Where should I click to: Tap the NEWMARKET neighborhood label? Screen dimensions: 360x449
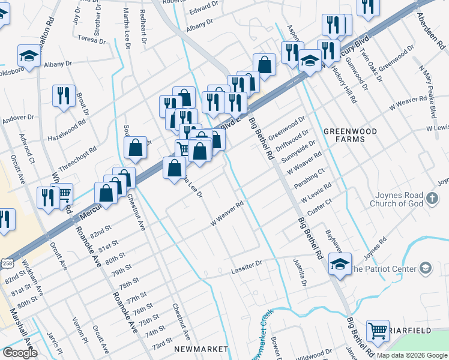tap(201, 349)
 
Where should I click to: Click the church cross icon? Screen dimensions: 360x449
tap(431, 199)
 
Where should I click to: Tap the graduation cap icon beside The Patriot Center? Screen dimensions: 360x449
tap(340, 264)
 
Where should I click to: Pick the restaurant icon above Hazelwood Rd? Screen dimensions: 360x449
tap(64, 96)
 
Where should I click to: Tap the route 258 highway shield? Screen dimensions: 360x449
tap(7, 263)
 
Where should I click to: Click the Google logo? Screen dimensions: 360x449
tap(20, 353)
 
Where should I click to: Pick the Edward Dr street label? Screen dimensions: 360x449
tap(203, 8)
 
